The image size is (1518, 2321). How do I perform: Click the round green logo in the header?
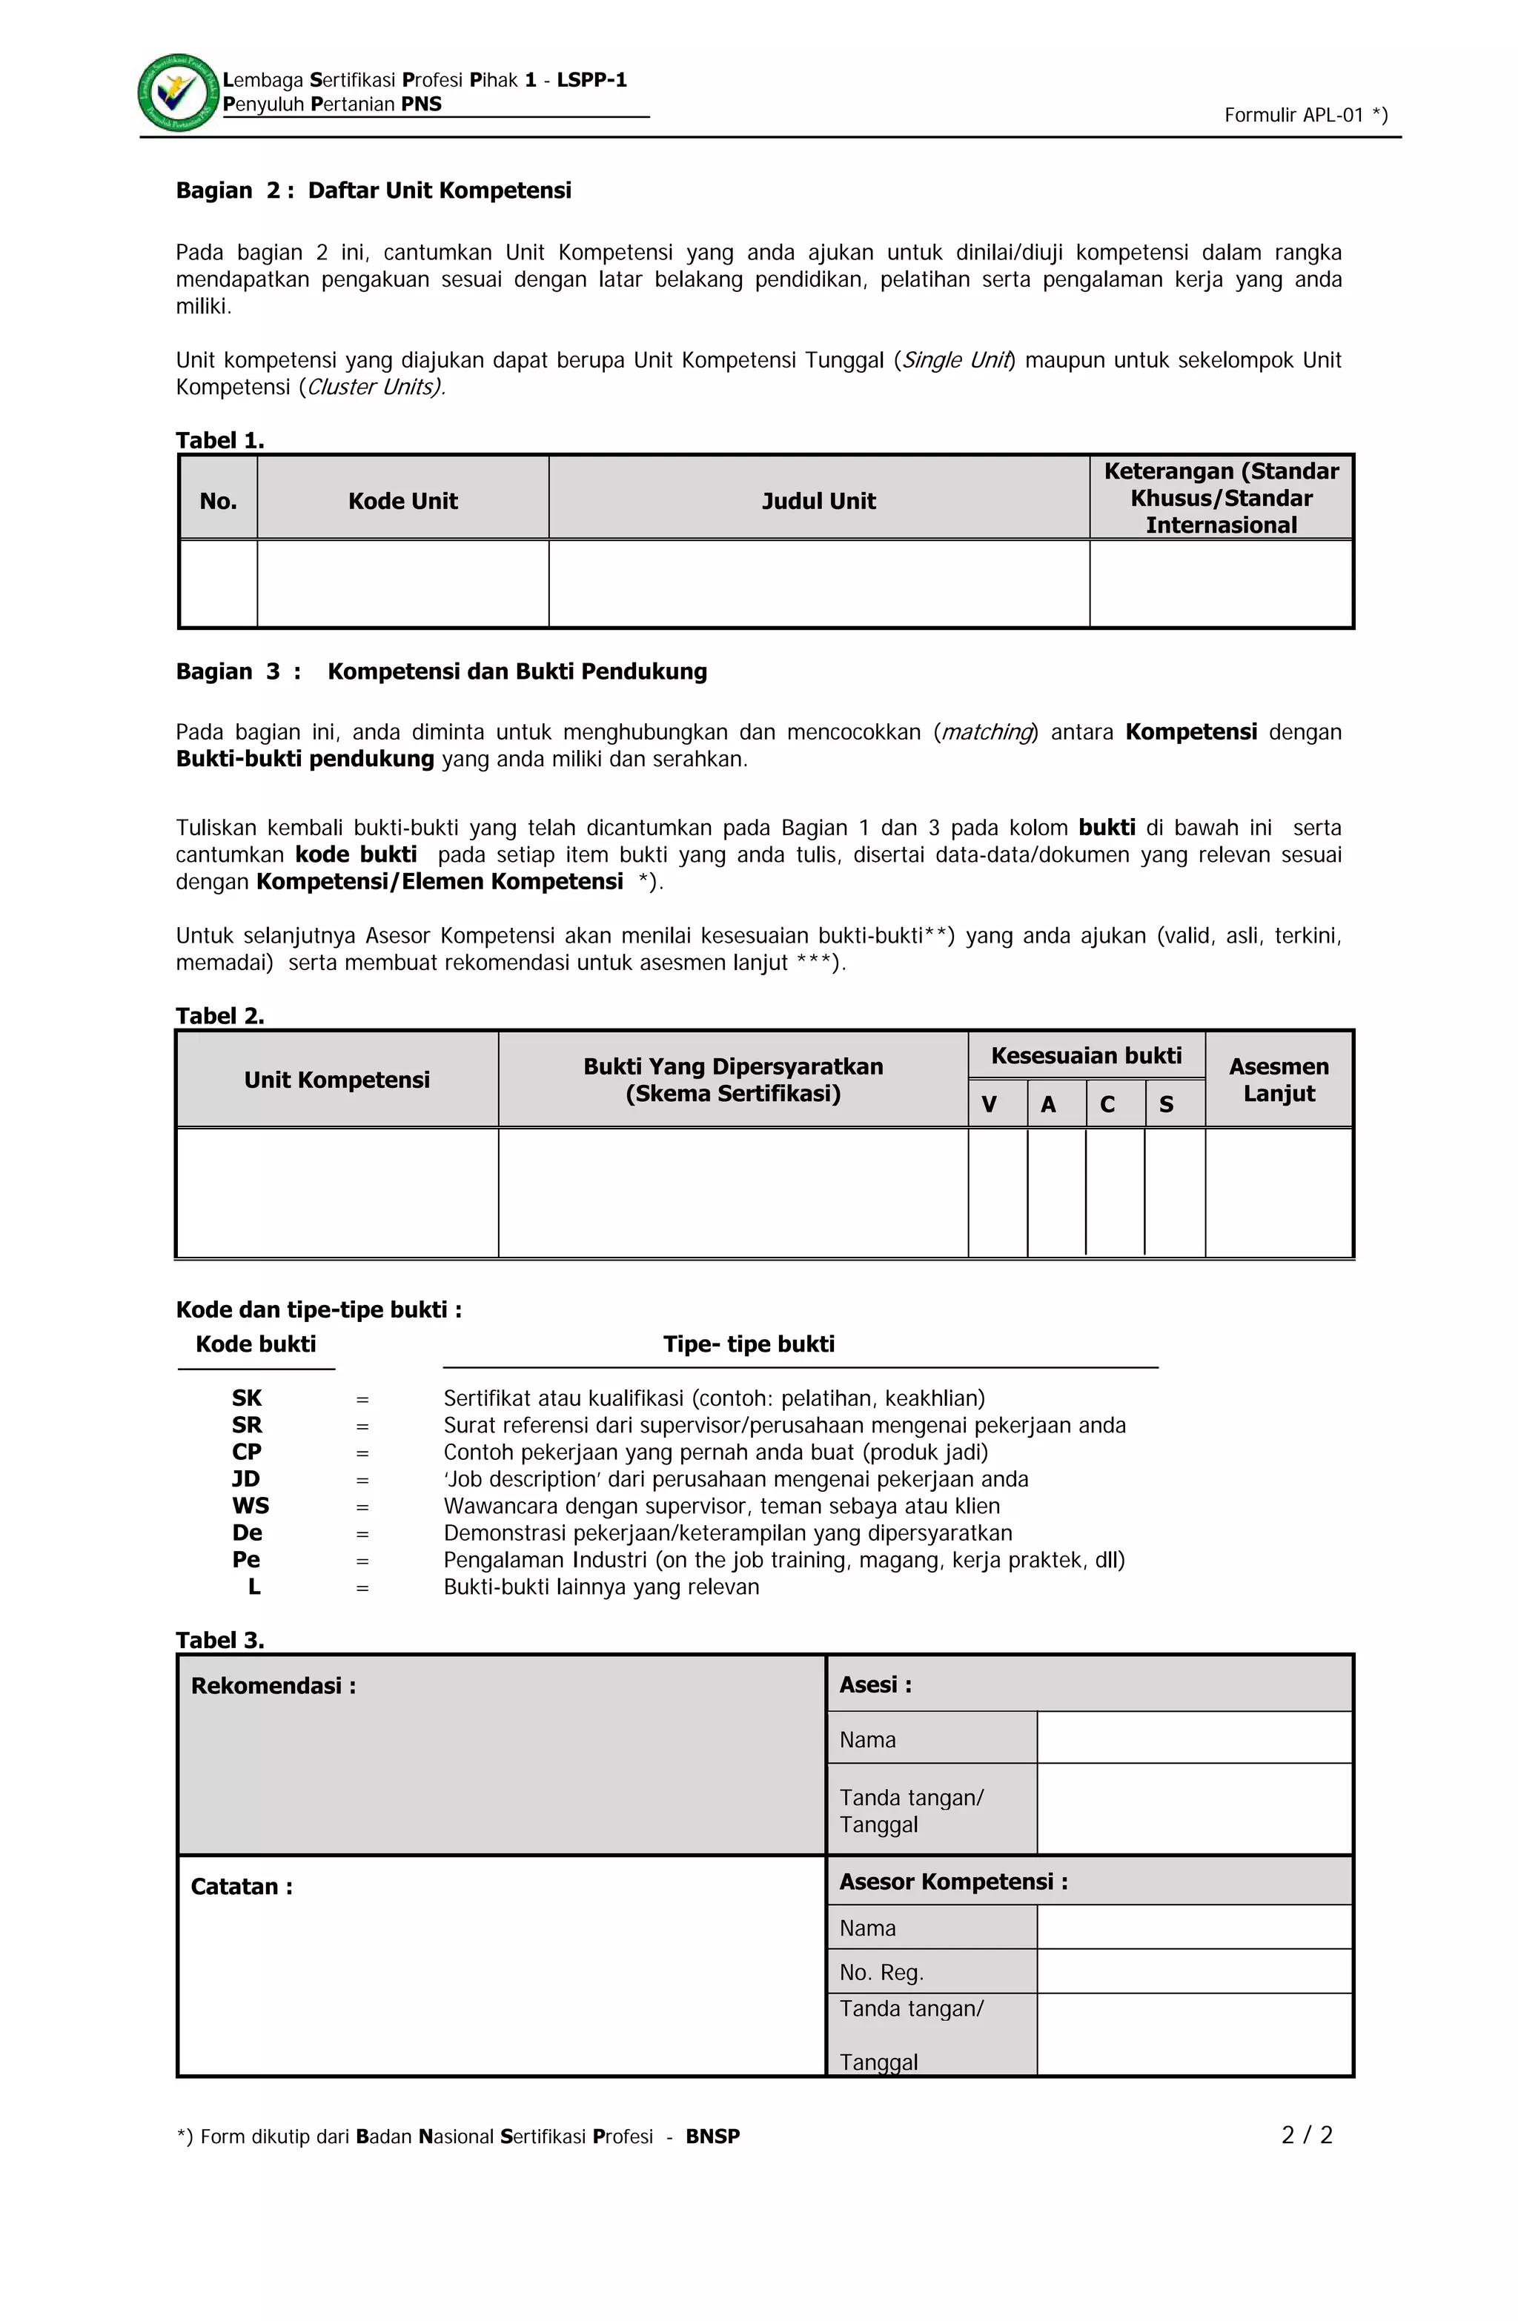[179, 93]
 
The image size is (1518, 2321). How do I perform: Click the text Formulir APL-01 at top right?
[1305, 115]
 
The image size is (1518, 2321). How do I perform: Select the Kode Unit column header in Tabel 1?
[403, 501]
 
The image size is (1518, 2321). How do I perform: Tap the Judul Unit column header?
[818, 501]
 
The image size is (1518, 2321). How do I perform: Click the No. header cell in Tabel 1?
[219, 501]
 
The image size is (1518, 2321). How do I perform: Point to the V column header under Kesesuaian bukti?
[990, 1105]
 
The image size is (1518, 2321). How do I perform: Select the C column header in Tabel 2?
[1107, 1105]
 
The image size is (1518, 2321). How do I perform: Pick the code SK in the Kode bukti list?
[247, 1398]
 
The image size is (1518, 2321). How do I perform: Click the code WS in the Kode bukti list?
[251, 1506]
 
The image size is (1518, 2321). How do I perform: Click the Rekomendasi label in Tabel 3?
[274, 1686]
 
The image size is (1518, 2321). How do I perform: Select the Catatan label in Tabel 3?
[241, 1887]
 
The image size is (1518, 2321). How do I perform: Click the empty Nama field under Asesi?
[1193, 1738]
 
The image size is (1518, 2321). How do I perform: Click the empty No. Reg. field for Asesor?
[1193, 1971]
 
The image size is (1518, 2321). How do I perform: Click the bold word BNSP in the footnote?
[712, 2136]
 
